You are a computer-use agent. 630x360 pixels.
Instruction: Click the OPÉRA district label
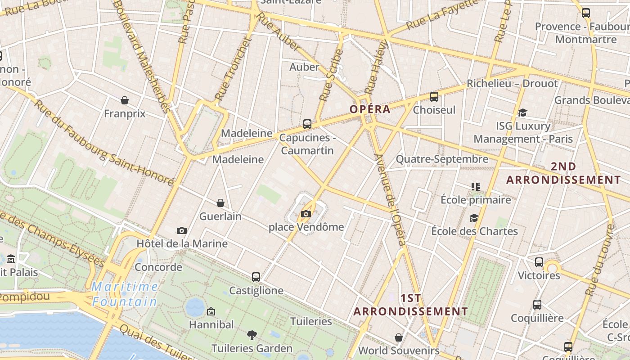tap(370, 109)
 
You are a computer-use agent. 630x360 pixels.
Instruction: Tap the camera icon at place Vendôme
tap(306, 214)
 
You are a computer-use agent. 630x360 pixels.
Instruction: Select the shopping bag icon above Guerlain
tap(220, 203)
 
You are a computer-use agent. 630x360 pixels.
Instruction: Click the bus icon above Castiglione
tap(256, 277)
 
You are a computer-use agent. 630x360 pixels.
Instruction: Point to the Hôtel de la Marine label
tap(182, 244)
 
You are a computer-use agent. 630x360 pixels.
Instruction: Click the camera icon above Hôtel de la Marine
tap(182, 231)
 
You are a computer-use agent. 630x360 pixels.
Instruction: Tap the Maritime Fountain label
tap(125, 294)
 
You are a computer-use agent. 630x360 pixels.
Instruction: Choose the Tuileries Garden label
tap(252, 348)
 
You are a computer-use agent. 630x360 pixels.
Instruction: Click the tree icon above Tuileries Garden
tap(252, 335)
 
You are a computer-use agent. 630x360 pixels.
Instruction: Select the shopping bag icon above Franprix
tap(125, 100)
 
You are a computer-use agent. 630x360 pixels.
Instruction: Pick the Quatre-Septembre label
tap(442, 159)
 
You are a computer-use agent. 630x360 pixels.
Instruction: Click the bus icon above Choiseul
tap(434, 96)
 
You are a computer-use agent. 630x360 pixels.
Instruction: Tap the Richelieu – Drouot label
tap(512, 84)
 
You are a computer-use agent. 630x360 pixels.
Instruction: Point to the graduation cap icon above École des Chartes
tap(474, 218)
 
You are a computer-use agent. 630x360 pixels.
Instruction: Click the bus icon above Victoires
tap(539, 262)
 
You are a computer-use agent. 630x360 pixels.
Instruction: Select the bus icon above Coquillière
tap(537, 305)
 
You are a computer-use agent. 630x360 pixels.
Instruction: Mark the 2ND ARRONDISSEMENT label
tap(563, 173)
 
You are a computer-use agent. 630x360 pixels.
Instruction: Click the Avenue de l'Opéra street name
tap(391, 200)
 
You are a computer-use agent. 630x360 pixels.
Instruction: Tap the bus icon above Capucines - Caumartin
tap(307, 124)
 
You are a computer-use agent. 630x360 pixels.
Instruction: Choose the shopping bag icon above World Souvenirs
tap(399, 337)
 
